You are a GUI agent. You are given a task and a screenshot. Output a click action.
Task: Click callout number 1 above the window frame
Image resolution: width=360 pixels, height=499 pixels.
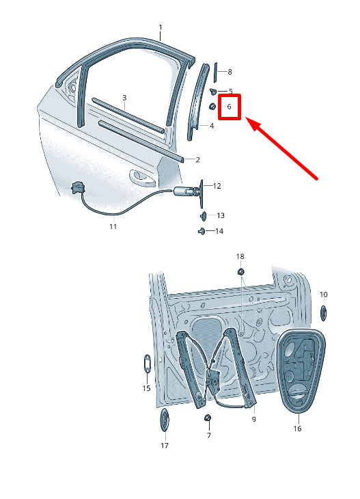pos(161,28)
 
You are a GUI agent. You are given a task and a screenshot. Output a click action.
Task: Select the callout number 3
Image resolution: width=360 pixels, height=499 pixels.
pos(124,98)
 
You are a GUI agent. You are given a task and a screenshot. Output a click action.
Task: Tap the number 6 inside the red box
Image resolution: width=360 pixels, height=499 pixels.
pos(229,107)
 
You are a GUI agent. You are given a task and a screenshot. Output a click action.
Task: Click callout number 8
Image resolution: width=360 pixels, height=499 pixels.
pos(230,72)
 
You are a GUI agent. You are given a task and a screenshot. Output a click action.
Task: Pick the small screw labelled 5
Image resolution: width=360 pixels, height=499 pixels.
pos(213,92)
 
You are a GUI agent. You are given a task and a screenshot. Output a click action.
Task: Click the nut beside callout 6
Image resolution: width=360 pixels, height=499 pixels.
pos(212,106)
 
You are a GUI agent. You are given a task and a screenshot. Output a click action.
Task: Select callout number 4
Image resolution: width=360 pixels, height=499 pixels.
pos(212,126)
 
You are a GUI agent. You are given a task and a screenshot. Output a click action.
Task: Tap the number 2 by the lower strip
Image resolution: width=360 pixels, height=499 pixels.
pos(197,160)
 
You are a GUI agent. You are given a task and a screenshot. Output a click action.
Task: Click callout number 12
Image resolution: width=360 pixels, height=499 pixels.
pos(217,186)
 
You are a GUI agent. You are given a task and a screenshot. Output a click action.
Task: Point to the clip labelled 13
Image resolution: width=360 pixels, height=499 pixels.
pos(203,216)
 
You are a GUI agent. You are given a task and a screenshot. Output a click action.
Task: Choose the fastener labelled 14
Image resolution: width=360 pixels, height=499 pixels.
pos(202,231)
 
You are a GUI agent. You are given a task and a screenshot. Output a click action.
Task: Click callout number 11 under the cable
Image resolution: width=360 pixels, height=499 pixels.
pos(113,226)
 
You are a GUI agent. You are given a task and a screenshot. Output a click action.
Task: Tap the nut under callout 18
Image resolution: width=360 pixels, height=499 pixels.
pos(240,272)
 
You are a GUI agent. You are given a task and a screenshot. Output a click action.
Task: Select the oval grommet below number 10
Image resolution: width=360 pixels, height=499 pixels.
pos(323,312)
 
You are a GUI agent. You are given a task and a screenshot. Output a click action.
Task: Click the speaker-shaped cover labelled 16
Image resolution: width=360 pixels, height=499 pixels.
pos(301,371)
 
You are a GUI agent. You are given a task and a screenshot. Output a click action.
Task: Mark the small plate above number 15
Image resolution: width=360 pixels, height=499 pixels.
pos(148,363)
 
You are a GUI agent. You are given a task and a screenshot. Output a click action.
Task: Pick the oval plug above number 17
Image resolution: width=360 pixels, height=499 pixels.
pos(165,420)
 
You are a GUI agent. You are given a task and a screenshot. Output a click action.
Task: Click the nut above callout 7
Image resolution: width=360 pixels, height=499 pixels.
pos(208,418)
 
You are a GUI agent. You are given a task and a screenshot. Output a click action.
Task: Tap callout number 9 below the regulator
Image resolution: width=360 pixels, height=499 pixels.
pos(253,420)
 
